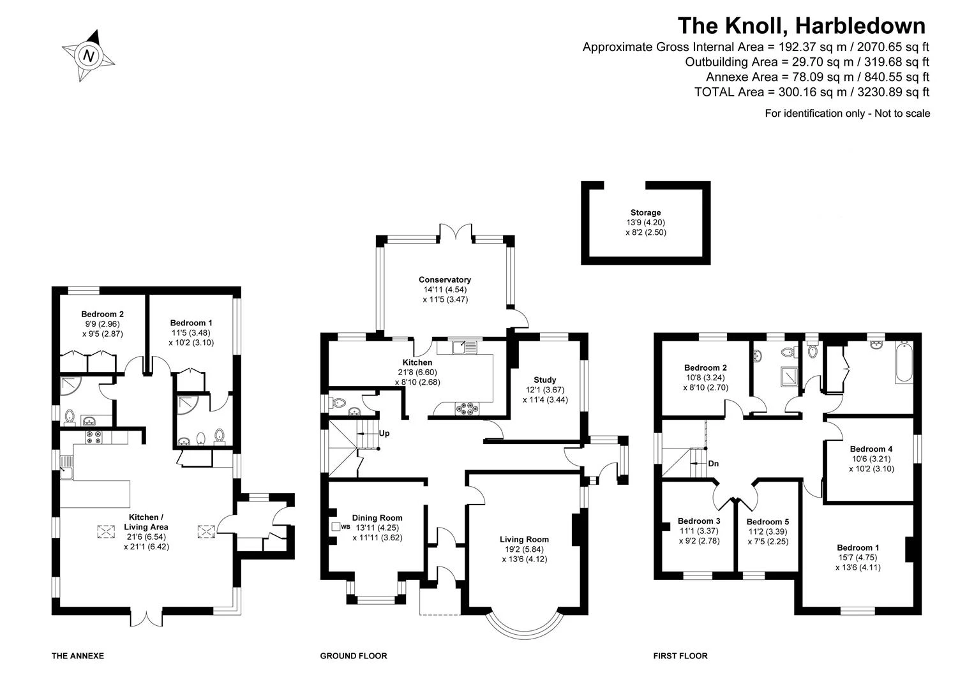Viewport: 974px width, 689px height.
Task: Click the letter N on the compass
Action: (x=89, y=56)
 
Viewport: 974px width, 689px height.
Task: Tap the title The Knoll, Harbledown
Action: (x=802, y=26)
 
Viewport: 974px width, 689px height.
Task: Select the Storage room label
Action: (x=646, y=212)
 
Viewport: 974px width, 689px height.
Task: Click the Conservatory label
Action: (x=445, y=279)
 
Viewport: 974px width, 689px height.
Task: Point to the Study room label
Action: (x=545, y=380)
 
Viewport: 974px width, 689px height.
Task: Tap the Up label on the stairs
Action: (x=384, y=433)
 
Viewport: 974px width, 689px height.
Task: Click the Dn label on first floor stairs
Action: (x=714, y=463)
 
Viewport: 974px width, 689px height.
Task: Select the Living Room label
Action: (x=525, y=540)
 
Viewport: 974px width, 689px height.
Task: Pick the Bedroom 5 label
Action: (x=768, y=522)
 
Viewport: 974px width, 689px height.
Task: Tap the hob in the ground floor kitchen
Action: (x=467, y=409)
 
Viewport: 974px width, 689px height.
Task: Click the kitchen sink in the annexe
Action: (x=66, y=467)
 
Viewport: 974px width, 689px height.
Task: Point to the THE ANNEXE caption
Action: (x=78, y=656)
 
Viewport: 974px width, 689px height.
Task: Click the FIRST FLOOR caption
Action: (x=680, y=656)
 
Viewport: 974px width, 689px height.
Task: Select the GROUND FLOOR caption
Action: (x=354, y=656)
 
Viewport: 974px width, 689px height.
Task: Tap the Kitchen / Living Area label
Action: (x=146, y=522)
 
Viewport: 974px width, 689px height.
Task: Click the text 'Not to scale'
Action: (x=903, y=114)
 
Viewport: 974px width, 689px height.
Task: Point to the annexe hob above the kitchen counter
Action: (x=94, y=437)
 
